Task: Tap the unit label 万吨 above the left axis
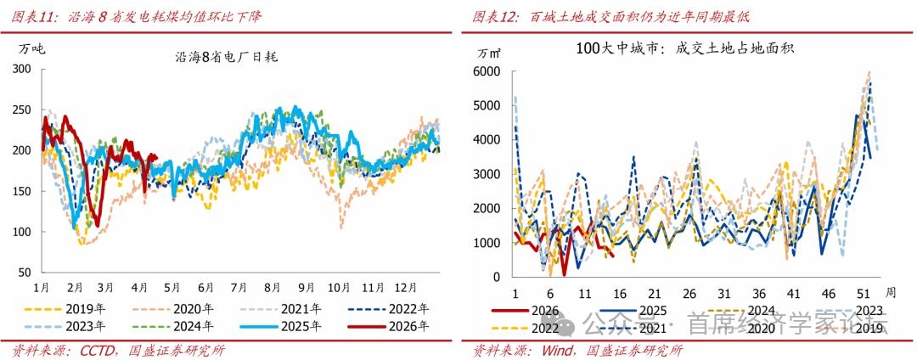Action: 31,48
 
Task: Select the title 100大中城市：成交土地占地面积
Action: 684,48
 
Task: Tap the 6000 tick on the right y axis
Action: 487,72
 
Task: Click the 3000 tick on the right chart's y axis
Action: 487,175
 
